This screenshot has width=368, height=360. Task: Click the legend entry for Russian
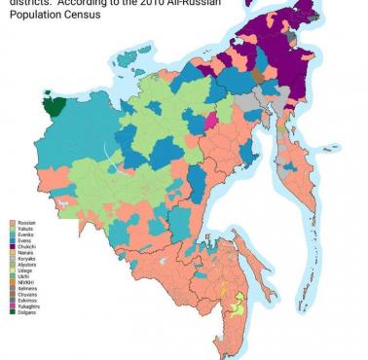[x=23, y=223]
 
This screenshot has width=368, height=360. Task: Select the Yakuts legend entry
[x=23, y=230]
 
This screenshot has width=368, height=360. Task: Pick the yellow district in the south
[x=235, y=308]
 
